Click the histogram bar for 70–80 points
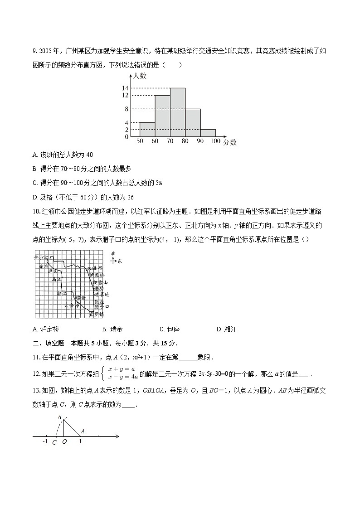click(x=178, y=112)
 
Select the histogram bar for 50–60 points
click(x=147, y=129)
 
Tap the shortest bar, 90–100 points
click(x=208, y=133)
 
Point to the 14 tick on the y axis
click(x=126, y=88)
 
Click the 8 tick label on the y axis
click(x=127, y=109)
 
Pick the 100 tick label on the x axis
click(x=215, y=142)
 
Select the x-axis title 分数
click(x=230, y=142)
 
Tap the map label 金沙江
click(x=41, y=257)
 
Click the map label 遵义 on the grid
click(x=53, y=271)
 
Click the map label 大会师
click(x=72, y=305)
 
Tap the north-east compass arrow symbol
click(x=114, y=260)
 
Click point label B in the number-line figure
click(x=59, y=417)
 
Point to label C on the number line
click(x=54, y=442)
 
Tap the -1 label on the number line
click(x=44, y=441)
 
